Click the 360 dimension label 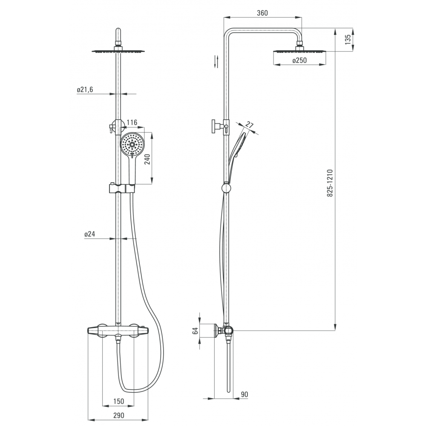point(262,13)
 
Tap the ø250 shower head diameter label point(299,60)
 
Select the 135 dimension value point(348,39)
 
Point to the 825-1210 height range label point(330,183)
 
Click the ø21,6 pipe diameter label point(85,89)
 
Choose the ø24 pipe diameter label point(89,233)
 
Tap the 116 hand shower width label point(132,123)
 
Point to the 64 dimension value point(195,331)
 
